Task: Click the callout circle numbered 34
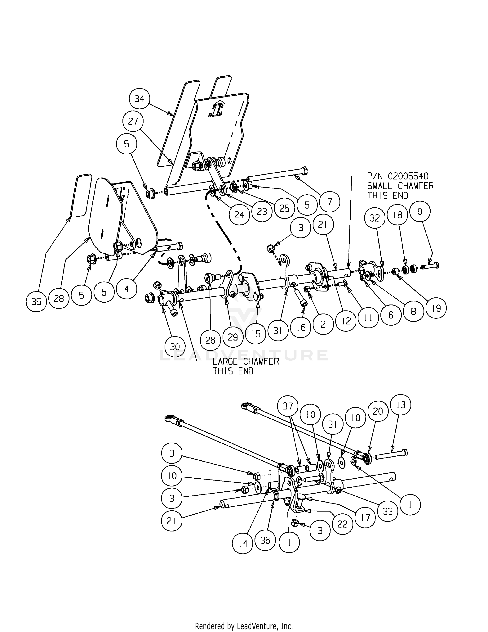(139, 98)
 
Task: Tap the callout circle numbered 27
(133, 121)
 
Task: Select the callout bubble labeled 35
(36, 301)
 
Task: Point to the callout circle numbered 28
(59, 298)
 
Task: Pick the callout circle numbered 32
(375, 218)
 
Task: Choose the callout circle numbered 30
(175, 346)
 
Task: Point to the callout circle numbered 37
(288, 406)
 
